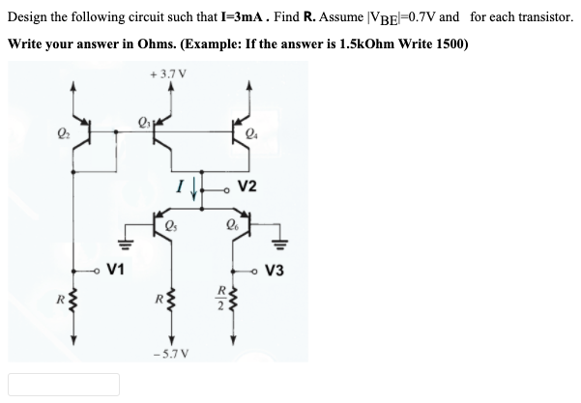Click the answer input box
point(64,384)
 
